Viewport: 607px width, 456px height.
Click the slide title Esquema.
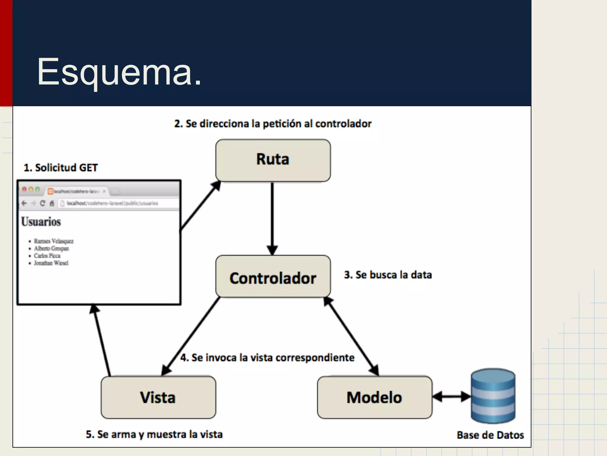point(119,72)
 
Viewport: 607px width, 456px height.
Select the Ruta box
point(273,160)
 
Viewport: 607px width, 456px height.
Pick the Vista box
point(158,397)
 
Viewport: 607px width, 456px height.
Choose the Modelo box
point(374,397)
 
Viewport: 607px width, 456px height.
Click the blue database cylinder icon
point(493,396)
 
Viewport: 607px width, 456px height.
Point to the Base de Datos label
point(490,435)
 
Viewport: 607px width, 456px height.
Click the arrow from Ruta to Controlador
point(272,218)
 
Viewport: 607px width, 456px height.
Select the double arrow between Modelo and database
point(451,397)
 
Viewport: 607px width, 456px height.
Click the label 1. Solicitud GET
point(61,168)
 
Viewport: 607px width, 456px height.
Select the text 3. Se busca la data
point(388,275)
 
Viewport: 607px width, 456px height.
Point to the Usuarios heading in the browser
point(41,222)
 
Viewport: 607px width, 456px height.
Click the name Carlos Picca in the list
point(47,256)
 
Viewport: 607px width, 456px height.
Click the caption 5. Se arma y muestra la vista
point(154,434)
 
